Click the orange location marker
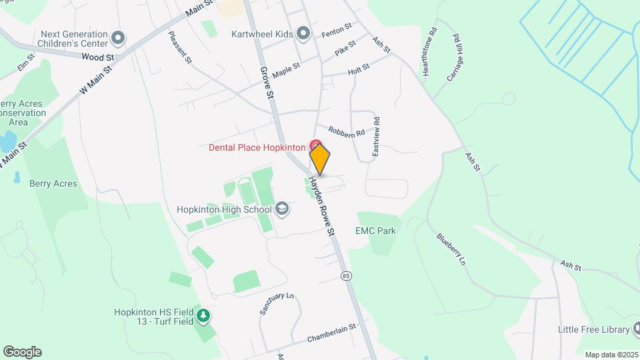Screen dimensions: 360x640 pos(320,159)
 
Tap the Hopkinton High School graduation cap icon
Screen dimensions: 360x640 pos(282,209)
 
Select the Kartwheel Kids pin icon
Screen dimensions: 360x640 pos(303,33)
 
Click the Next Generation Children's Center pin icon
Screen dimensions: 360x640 pos(119,38)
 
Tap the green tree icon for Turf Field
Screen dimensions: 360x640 pos(204,315)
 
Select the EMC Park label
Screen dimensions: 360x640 pos(376,231)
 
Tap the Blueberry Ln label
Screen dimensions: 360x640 pos(451,249)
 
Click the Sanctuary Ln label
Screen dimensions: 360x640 pos(277,303)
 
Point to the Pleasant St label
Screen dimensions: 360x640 pos(180,47)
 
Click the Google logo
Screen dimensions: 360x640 pos(23,352)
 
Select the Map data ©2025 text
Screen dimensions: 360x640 pos(612,355)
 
